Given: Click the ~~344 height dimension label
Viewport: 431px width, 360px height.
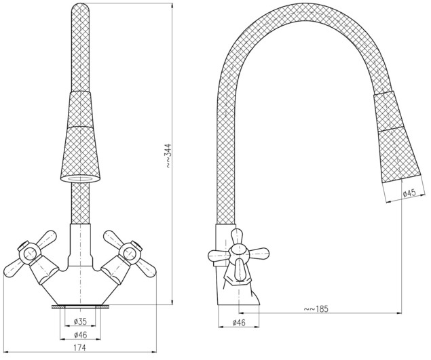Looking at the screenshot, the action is tap(168, 155).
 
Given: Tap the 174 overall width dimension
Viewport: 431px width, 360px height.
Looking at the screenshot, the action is tap(80, 348).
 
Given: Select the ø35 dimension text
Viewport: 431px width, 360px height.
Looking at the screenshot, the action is tap(80, 321).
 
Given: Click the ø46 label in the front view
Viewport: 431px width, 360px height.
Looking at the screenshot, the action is tap(80, 335).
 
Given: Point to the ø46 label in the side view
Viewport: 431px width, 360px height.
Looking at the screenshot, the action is tap(239, 323).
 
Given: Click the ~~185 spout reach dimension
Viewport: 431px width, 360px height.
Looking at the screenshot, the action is tap(316, 308).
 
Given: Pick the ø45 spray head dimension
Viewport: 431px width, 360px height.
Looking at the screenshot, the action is tap(409, 193).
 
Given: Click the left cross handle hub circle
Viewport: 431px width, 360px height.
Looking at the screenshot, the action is tap(29, 254).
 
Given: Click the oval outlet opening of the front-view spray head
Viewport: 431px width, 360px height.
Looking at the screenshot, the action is tap(80, 179).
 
